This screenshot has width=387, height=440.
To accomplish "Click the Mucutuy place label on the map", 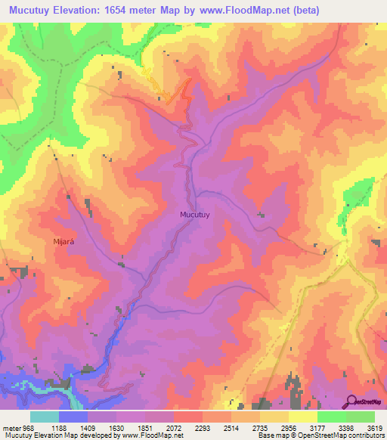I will [195, 215].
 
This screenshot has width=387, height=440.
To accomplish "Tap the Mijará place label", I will [66, 242].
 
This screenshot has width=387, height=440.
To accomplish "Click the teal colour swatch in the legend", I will [44, 417].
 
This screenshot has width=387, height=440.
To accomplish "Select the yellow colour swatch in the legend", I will [302, 417].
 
